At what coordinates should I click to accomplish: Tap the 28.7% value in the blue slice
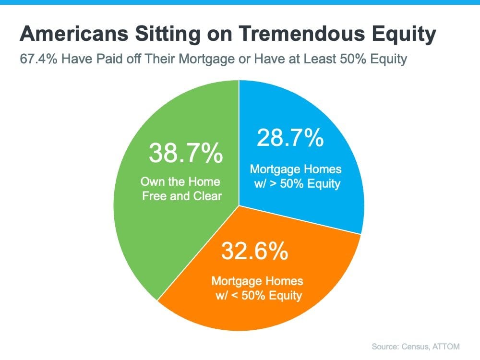click(x=290, y=138)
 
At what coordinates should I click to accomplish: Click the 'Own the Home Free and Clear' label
click(x=181, y=189)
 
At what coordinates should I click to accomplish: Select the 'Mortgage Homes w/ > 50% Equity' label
click(x=296, y=177)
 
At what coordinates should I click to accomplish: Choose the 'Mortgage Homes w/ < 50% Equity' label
click(x=258, y=288)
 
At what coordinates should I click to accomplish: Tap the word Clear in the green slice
click(x=206, y=196)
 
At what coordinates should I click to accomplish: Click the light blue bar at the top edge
click(x=240, y=2)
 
